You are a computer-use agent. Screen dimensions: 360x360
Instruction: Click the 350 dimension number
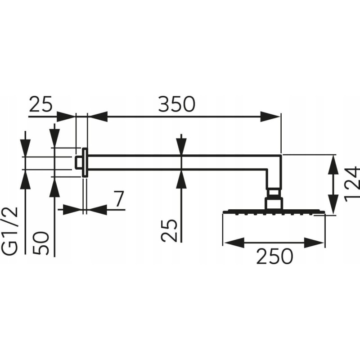click(176, 104)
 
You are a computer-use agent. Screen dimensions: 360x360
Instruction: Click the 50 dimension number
click(41, 243)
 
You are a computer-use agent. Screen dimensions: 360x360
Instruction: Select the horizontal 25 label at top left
click(41, 104)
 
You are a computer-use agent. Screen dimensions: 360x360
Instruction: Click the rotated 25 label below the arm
click(169, 230)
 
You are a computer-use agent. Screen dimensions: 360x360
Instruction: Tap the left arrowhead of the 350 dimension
click(98, 117)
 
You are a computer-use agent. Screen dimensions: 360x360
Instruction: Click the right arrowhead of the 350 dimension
click(270, 117)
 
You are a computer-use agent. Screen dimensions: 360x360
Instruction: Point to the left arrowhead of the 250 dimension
click(234, 243)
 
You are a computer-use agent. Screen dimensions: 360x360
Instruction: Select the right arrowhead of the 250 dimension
click(314, 243)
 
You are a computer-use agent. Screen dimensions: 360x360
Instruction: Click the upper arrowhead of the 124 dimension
click(333, 165)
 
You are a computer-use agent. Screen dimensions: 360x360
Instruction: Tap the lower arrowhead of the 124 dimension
click(333, 205)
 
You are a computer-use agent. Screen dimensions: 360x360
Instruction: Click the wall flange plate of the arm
click(85, 162)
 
